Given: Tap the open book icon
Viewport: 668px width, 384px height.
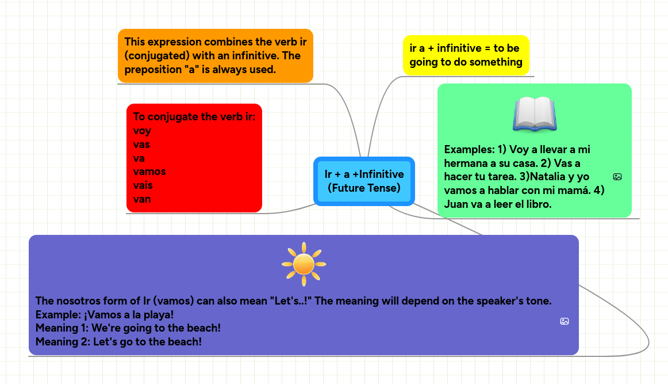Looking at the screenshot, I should pos(534,113).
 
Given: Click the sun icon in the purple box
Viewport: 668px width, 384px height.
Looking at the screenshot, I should pos(304,264).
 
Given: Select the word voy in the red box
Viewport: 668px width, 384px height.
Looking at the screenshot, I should pos(142,131).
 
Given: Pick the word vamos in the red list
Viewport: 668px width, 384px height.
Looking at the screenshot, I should pos(149,172).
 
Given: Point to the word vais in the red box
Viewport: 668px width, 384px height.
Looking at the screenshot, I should pos(143,185).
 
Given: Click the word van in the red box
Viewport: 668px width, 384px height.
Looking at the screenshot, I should pos(142,199).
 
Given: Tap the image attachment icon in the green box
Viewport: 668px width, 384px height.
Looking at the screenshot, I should pos(617,177).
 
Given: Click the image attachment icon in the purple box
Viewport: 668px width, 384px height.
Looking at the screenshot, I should pos(565,321).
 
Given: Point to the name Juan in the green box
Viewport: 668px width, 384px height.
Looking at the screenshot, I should pos(457,204).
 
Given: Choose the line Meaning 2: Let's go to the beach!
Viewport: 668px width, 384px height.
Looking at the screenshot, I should pos(118,342).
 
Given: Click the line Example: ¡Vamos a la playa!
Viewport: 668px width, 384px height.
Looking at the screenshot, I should pos(105,314).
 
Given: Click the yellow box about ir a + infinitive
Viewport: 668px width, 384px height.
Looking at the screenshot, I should pos(466,55).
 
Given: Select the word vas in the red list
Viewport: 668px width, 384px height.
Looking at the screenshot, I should pos(141,145).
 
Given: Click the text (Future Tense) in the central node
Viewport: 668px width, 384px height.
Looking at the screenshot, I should pos(364,188).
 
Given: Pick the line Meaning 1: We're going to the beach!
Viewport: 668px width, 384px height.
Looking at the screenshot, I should pos(128,328).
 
